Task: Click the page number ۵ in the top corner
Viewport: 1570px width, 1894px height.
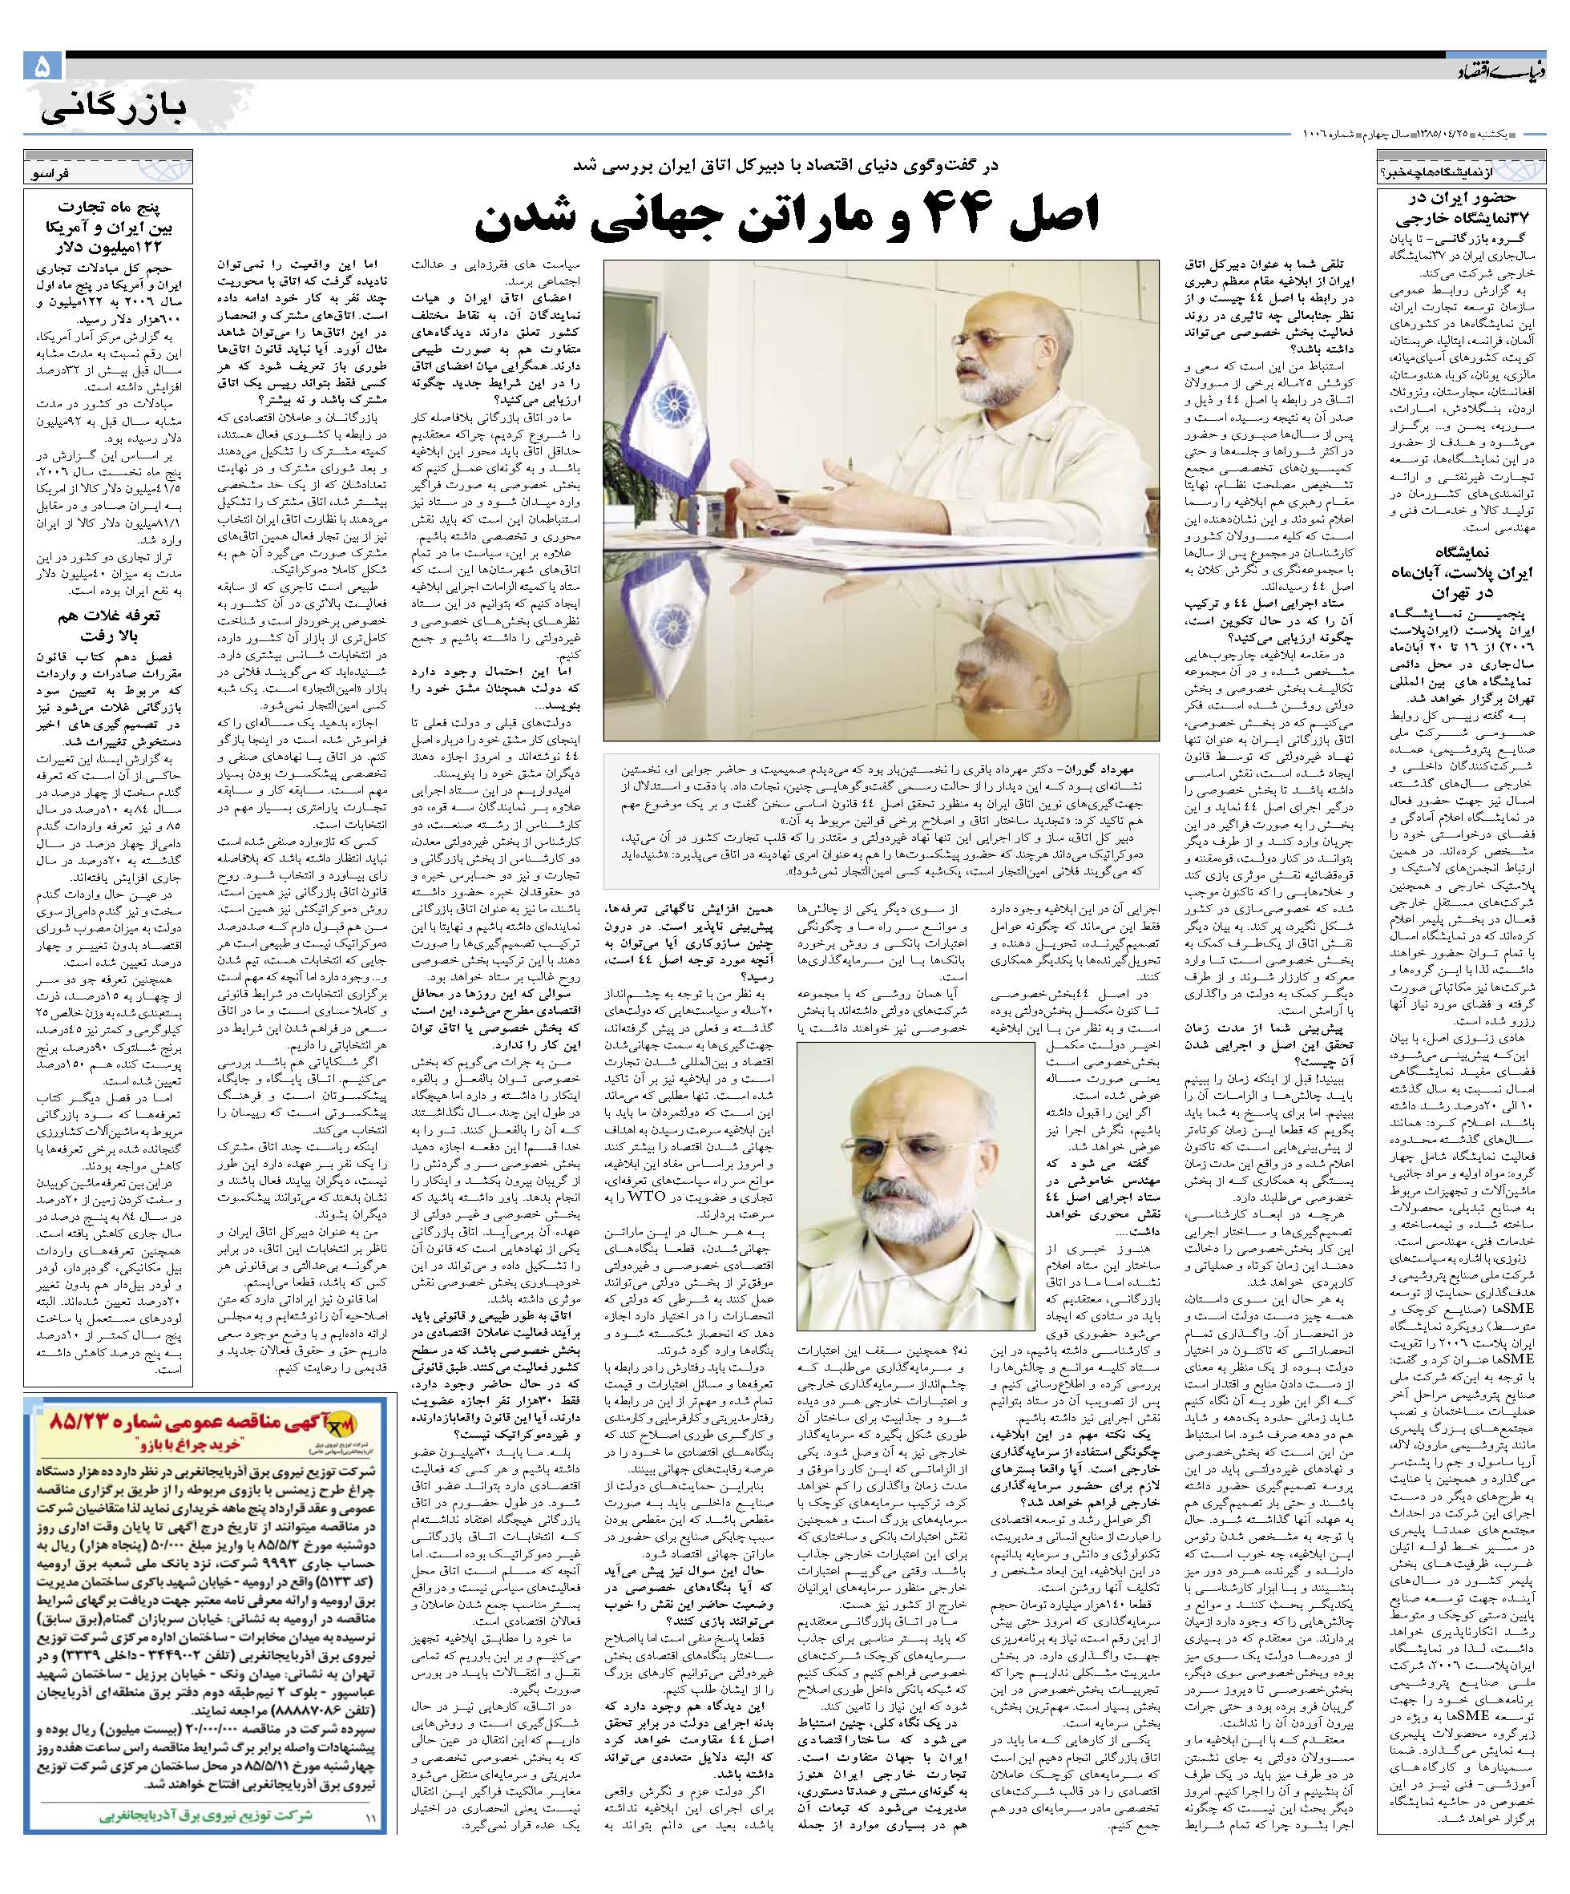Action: [x=42, y=67]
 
